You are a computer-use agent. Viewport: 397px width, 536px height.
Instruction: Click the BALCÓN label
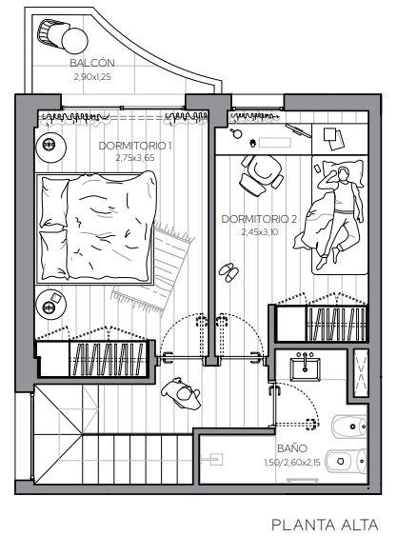coord(92,63)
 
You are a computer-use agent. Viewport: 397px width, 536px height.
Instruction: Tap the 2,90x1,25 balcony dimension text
coord(92,77)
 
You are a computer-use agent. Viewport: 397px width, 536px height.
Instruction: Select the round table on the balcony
coord(74,41)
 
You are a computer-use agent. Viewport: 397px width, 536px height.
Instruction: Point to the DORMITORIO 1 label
coord(135,146)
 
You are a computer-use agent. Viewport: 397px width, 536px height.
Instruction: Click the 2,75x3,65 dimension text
coord(135,158)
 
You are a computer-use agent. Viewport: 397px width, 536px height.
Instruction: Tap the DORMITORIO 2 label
coord(259,219)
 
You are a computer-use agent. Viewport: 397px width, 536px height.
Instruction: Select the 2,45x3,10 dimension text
coord(260,232)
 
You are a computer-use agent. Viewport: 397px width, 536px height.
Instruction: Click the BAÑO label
coord(292,448)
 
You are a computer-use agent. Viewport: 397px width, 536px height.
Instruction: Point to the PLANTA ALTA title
coord(325,525)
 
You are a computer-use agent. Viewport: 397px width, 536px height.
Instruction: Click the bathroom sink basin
coord(305,368)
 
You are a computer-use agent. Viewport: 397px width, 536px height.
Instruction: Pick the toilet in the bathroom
coord(346,462)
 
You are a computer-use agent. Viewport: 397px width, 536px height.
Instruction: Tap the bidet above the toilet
coord(348,427)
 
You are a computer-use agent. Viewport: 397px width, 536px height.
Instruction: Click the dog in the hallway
coord(181,393)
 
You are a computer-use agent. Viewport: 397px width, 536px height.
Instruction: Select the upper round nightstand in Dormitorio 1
coord(50,146)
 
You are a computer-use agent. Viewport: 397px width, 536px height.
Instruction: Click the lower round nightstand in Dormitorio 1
coord(50,305)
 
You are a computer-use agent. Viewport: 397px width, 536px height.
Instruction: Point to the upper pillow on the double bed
coord(54,203)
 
